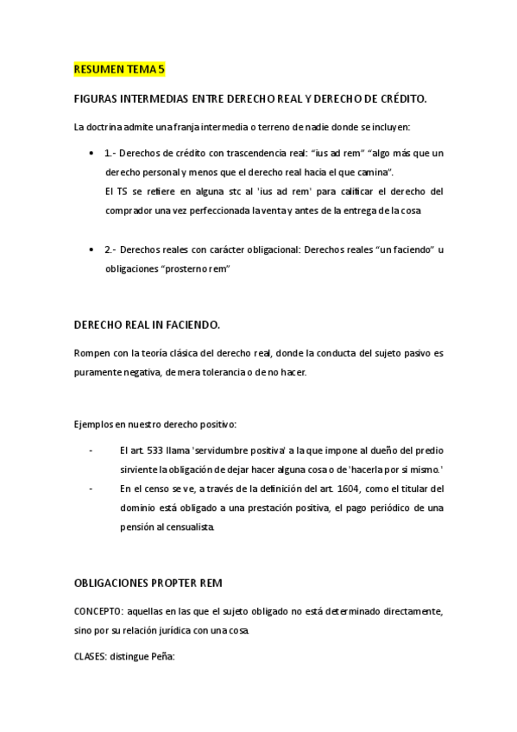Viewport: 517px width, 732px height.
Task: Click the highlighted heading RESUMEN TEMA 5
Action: tap(119, 68)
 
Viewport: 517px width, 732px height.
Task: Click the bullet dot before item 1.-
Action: tap(91, 154)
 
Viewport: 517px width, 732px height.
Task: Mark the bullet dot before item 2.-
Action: tap(91, 249)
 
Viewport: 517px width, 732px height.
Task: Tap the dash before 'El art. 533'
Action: tap(91, 451)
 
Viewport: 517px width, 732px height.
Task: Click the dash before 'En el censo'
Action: tap(91, 489)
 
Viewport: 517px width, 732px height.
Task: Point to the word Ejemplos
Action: tap(97, 424)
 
